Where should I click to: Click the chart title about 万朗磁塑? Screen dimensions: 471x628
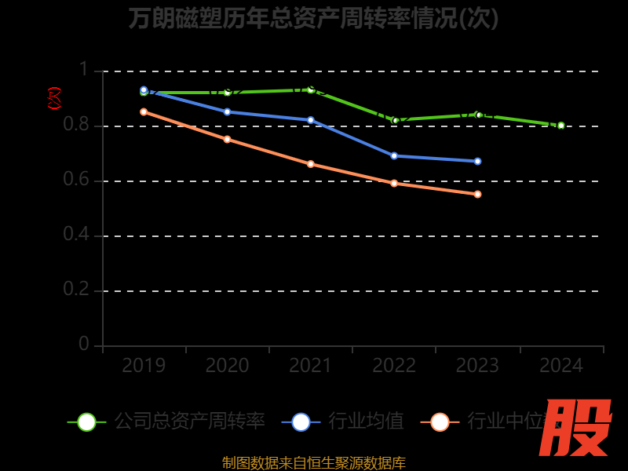pos(314,18)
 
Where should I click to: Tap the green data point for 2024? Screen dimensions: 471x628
pos(561,126)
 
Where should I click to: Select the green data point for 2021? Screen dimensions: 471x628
pos(311,89)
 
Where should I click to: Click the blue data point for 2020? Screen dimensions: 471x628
pos(228,111)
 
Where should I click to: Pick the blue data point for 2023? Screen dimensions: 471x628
pos(477,161)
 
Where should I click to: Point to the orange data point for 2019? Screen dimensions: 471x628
pos(144,111)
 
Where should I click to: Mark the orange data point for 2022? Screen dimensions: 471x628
pos(394,183)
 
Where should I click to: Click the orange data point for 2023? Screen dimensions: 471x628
pos(477,194)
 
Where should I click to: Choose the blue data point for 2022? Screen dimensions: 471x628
pos(394,155)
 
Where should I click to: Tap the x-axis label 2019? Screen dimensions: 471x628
pos(144,366)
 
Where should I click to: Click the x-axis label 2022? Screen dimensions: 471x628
pos(394,366)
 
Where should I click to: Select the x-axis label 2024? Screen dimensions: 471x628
pos(561,366)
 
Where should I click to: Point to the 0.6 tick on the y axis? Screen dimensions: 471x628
pos(76,180)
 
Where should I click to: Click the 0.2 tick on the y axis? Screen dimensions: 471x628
pos(76,290)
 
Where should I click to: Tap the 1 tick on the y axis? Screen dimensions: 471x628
pos(83,70)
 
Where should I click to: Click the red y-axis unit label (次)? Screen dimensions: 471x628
pos(54,98)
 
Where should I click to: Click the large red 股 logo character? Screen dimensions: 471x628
pos(576,428)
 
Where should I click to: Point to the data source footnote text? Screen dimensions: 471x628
pos(314,462)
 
